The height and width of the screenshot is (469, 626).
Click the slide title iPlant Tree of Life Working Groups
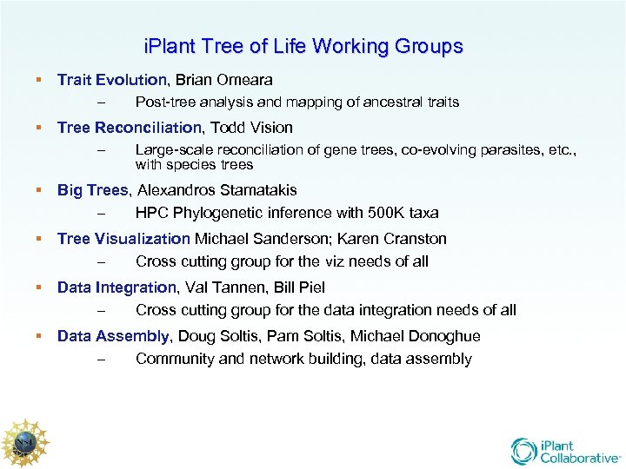point(303,46)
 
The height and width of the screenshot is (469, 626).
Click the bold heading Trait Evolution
point(111,80)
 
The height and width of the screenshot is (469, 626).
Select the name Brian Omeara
point(223,80)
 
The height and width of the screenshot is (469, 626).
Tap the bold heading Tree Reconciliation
point(130,128)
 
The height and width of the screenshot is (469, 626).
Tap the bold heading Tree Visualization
point(123,239)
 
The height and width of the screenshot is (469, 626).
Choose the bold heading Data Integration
point(117,287)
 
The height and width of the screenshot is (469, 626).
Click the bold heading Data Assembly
point(113,336)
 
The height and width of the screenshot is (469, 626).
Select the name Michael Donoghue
point(423,336)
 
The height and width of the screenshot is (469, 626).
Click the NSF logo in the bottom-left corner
point(23,444)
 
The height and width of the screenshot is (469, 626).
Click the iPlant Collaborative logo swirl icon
point(524,451)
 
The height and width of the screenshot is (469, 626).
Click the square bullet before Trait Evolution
point(38,80)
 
